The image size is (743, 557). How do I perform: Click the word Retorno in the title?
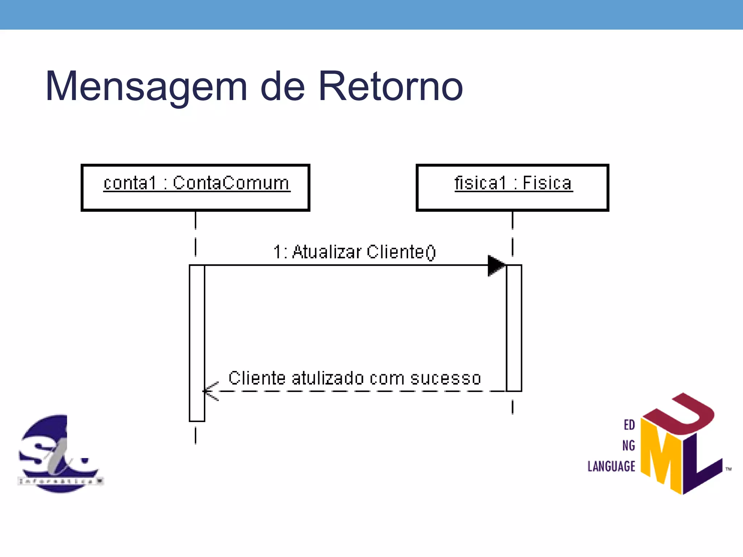(x=390, y=86)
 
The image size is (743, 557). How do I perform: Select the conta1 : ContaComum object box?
(x=195, y=188)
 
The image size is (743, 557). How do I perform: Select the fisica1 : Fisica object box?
(x=512, y=188)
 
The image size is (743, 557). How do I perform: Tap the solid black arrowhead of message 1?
(x=496, y=265)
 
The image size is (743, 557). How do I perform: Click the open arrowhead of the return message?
(x=209, y=391)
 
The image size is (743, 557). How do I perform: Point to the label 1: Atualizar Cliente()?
(x=354, y=252)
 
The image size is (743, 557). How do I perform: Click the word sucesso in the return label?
(x=446, y=378)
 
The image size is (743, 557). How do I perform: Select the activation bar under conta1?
(x=197, y=343)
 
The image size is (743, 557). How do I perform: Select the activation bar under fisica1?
(x=514, y=328)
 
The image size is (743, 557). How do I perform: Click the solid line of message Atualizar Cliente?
(x=345, y=265)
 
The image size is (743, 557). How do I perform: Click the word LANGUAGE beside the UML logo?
(x=611, y=466)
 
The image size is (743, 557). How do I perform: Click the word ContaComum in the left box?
(x=231, y=183)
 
